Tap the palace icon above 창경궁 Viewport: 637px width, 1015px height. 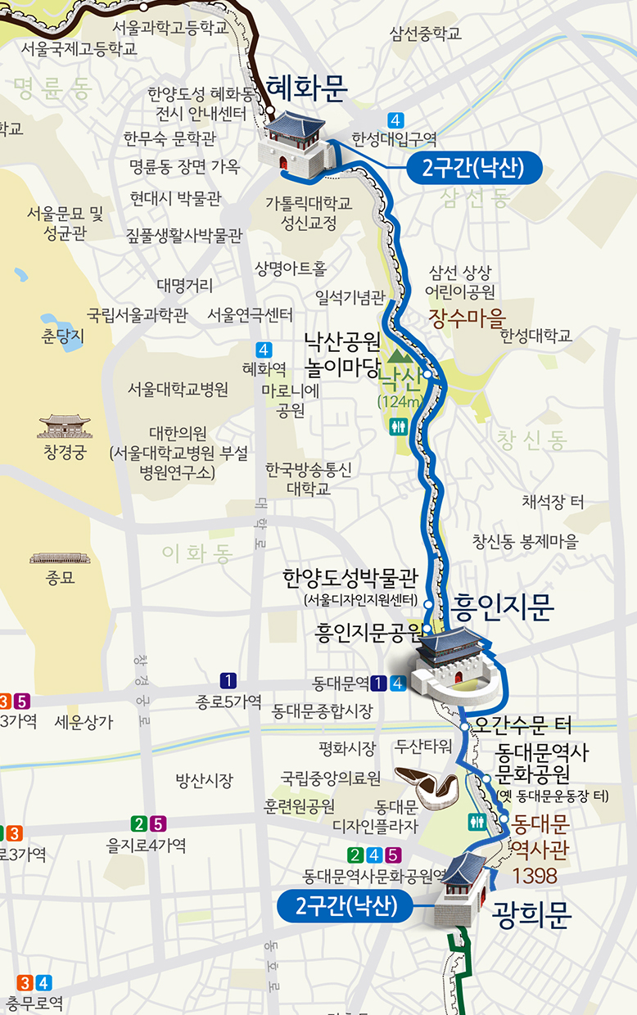tap(65, 426)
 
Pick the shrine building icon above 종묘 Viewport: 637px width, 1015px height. tap(60, 558)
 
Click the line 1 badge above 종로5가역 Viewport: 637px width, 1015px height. tap(228, 680)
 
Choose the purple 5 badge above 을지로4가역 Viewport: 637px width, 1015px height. tap(159, 824)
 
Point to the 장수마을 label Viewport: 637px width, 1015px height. tap(468, 318)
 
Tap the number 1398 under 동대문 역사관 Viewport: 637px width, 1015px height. tap(535, 876)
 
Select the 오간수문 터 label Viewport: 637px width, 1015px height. tap(524, 725)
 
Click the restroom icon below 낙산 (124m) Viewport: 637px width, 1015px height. tap(399, 426)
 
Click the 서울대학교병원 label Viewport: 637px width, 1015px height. tap(178, 390)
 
